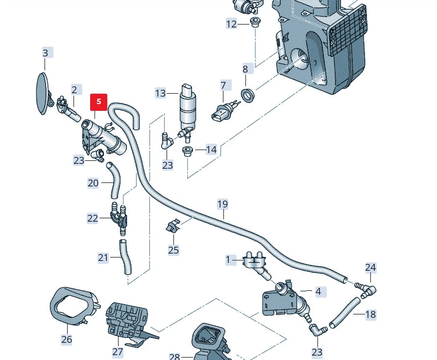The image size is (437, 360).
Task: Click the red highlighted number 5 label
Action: point(98,102)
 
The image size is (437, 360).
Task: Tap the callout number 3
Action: point(46,53)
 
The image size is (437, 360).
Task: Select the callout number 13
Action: point(161,93)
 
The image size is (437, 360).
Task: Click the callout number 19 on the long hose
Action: point(223,204)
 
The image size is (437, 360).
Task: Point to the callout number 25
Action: point(173,250)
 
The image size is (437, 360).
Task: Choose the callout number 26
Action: point(67,339)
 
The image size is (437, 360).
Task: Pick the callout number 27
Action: point(118,351)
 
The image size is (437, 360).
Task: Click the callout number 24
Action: point(370,267)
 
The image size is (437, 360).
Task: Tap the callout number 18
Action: point(370,314)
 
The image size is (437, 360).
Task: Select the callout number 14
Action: point(211,150)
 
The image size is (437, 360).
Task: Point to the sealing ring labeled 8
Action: point(249,94)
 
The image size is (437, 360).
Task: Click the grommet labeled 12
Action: point(255,22)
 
